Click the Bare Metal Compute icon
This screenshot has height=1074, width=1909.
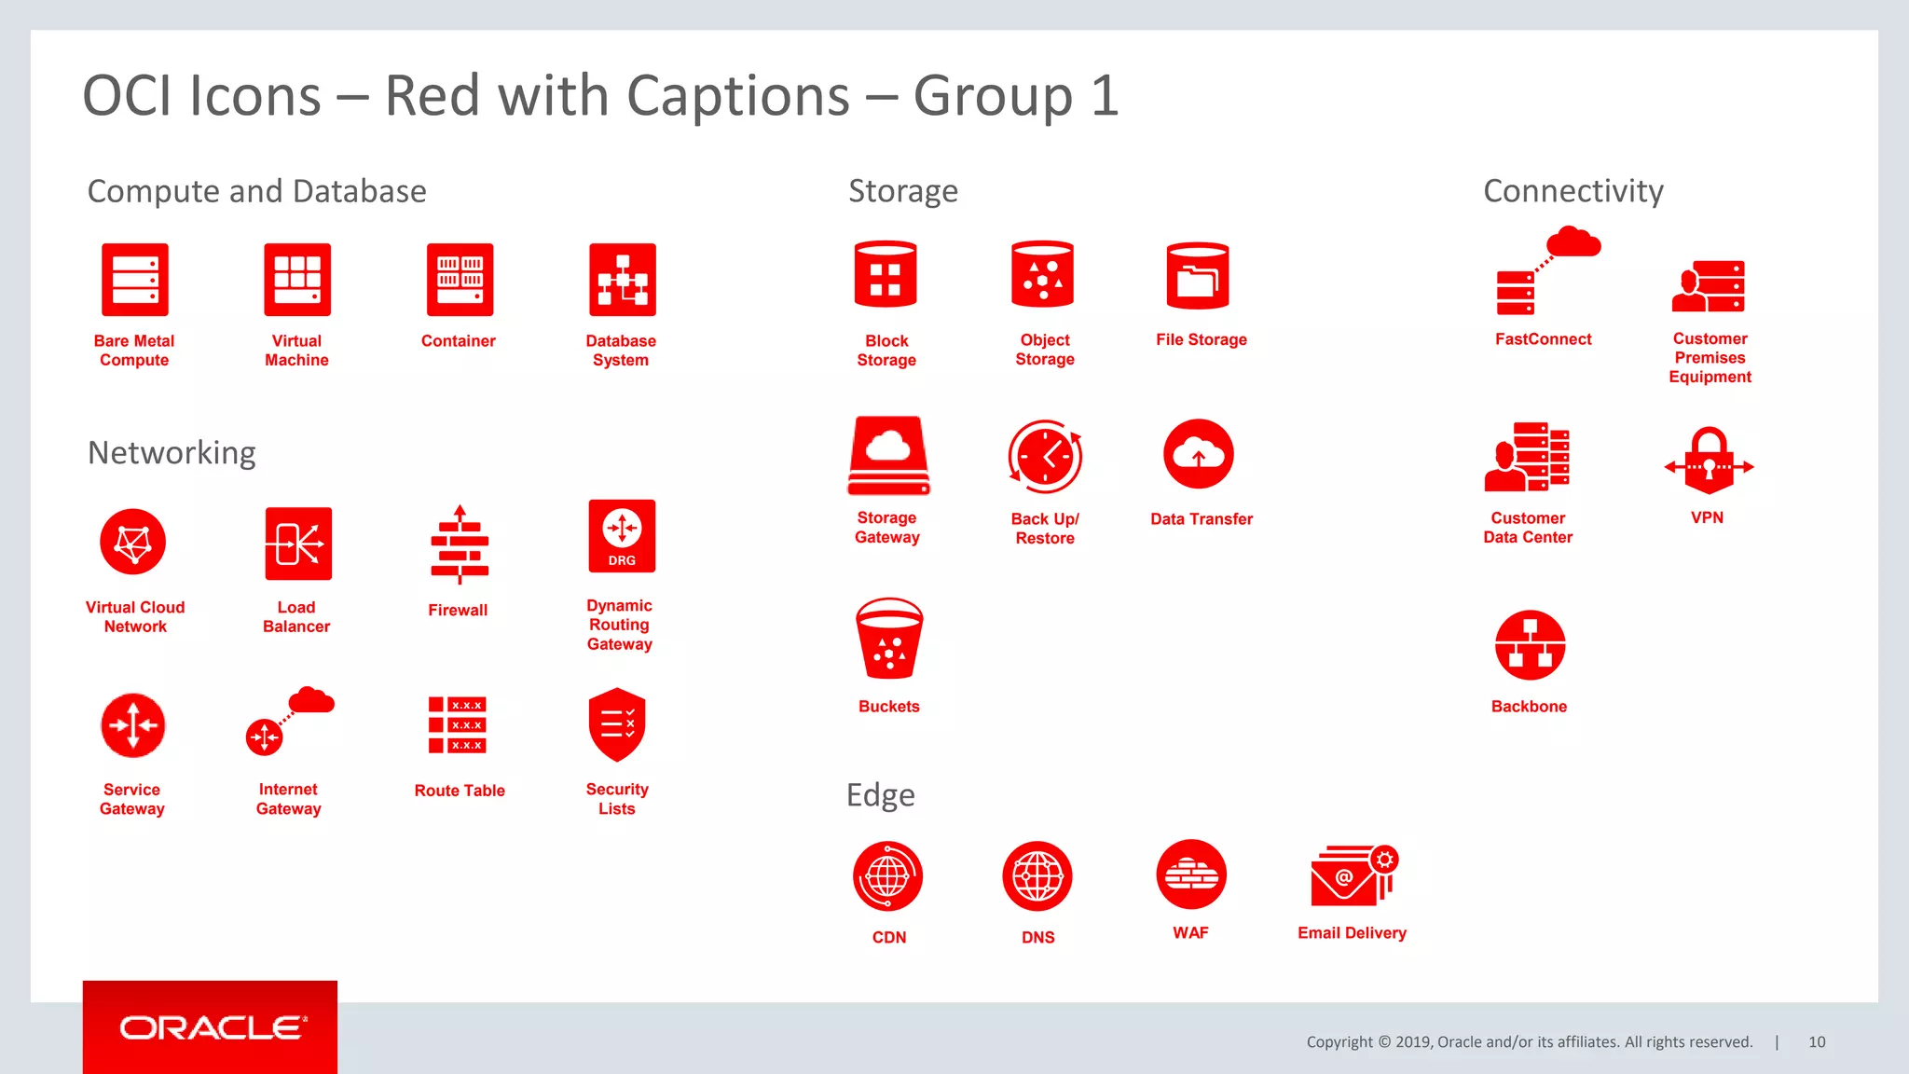click(135, 280)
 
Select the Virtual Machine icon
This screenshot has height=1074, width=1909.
click(297, 280)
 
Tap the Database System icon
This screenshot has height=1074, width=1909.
click(622, 280)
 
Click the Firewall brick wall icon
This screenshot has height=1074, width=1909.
click(459, 546)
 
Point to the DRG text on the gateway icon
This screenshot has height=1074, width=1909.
click(622, 560)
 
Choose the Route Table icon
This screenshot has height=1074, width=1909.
click(458, 724)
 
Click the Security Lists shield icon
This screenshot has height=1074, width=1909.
click(617, 724)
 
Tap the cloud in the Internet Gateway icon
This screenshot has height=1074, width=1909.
click(311, 700)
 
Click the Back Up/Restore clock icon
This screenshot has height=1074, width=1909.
click(1045, 457)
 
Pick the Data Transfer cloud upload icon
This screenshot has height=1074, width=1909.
click(1199, 454)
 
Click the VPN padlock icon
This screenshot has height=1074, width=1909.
click(1709, 461)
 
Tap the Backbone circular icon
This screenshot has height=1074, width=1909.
click(1530, 645)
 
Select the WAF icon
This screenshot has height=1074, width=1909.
click(1191, 874)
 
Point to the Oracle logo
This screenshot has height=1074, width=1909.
click(211, 1027)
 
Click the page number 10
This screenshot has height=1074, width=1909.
click(1817, 1042)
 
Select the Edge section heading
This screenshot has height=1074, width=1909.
click(881, 795)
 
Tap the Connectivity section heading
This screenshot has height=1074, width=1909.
click(1573, 191)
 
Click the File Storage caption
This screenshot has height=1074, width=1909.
click(1202, 339)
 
